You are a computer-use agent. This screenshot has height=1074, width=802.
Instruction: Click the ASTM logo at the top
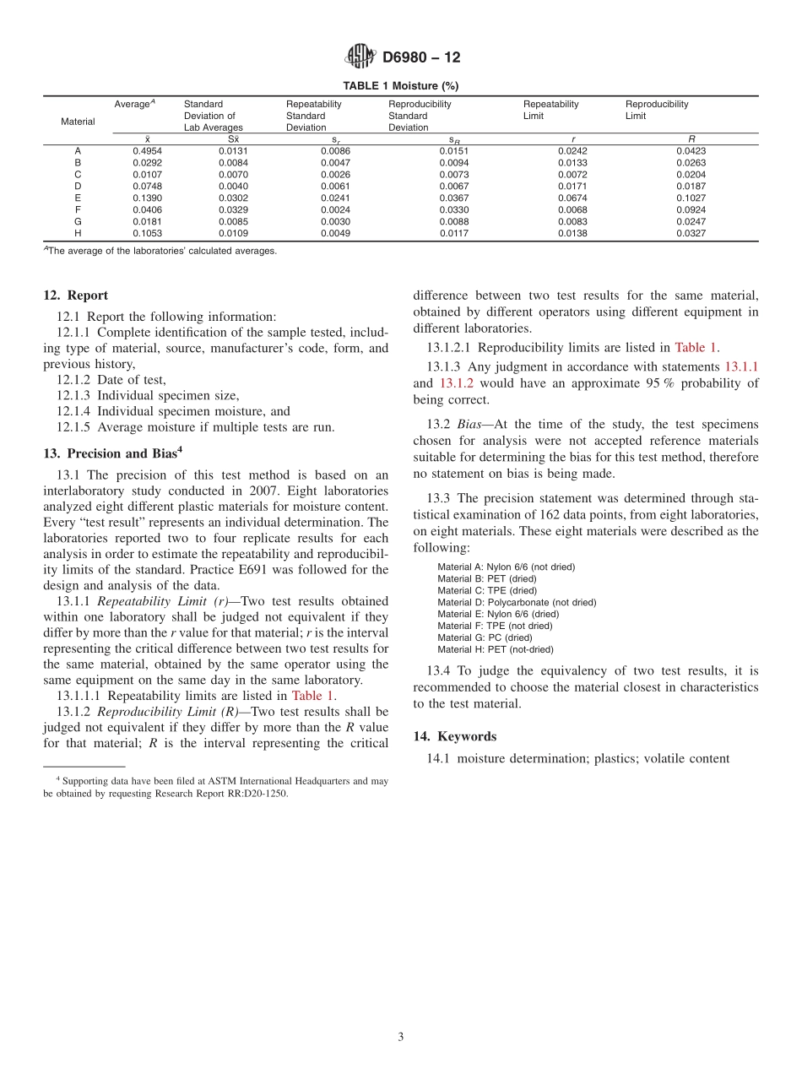360,57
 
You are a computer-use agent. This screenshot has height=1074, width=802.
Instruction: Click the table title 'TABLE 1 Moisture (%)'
401,86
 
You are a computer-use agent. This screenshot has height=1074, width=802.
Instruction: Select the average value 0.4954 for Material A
148,151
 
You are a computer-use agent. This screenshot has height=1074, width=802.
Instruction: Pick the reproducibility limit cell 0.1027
691,198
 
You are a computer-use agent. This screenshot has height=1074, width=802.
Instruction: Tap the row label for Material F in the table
78,210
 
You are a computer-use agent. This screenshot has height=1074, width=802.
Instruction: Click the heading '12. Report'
75,296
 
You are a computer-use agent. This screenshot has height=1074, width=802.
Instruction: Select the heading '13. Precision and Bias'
111,453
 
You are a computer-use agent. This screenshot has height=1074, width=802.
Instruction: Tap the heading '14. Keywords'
454,736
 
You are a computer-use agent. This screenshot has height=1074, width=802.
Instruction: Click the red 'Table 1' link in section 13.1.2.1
696,347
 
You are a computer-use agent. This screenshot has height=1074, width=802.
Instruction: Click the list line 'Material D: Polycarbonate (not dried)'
516,603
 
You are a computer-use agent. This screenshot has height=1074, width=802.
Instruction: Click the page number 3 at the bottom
401,1038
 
